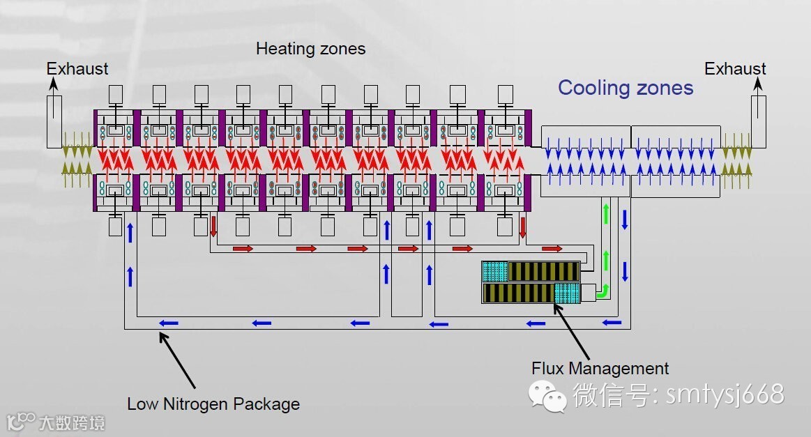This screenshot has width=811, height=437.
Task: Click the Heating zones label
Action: (x=310, y=49)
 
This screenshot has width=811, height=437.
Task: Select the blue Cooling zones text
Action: (x=626, y=88)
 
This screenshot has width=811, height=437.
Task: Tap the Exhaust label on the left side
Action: (x=77, y=69)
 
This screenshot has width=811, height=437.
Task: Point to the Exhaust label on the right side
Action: (x=735, y=69)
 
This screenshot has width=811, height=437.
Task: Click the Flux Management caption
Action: (x=600, y=369)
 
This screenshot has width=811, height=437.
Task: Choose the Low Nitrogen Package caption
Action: (x=213, y=404)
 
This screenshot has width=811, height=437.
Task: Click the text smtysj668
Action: (x=725, y=394)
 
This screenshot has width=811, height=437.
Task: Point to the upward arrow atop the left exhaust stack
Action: (x=54, y=84)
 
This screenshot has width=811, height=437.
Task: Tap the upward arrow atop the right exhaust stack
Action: (x=758, y=84)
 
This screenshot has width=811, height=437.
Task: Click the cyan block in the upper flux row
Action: (x=494, y=271)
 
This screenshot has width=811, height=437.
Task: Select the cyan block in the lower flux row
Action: (x=567, y=293)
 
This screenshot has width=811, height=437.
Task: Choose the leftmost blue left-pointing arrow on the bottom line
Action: (x=168, y=323)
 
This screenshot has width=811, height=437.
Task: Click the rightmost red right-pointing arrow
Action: (x=552, y=248)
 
